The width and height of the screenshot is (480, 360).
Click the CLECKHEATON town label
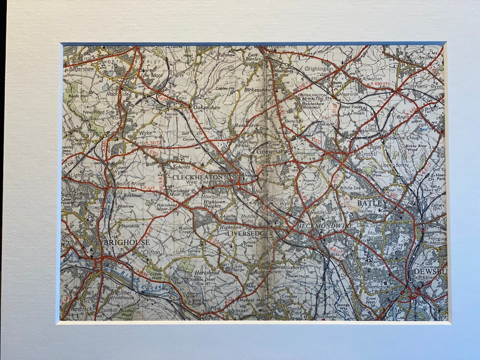(x=198, y=177)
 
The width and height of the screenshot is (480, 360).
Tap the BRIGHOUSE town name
(x=126, y=243)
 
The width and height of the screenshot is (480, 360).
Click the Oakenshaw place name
(x=207, y=107)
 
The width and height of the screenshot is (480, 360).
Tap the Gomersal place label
(x=269, y=151)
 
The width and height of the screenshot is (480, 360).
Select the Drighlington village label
(x=319, y=69)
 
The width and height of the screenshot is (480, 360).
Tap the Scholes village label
(x=181, y=167)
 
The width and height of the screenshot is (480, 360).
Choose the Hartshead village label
(x=207, y=272)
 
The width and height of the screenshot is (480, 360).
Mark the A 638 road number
(x=163, y=97)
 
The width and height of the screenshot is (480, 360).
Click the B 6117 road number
(x=336, y=254)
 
